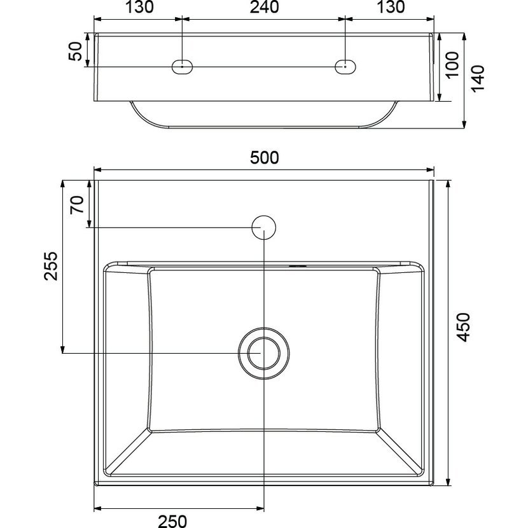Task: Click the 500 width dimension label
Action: click(x=265, y=158)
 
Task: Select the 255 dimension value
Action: click(x=51, y=266)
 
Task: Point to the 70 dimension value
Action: click(x=77, y=204)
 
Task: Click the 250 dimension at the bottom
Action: click(x=172, y=521)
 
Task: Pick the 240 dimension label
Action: click(x=265, y=7)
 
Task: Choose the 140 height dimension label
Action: click(x=478, y=78)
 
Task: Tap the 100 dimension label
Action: click(x=452, y=64)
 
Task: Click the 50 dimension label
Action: click(x=75, y=51)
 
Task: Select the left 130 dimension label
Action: click(x=139, y=7)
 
